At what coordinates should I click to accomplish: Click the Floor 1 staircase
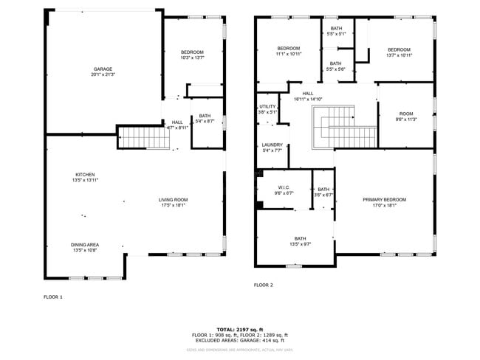pyautogui.click(x=135, y=137)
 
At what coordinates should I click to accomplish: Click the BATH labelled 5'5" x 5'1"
pyautogui.click(x=335, y=30)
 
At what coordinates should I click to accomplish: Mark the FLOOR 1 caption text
pyautogui.click(x=53, y=297)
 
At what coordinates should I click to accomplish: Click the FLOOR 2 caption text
pyautogui.click(x=264, y=285)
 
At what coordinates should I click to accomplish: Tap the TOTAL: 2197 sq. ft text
pyautogui.click(x=239, y=329)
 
